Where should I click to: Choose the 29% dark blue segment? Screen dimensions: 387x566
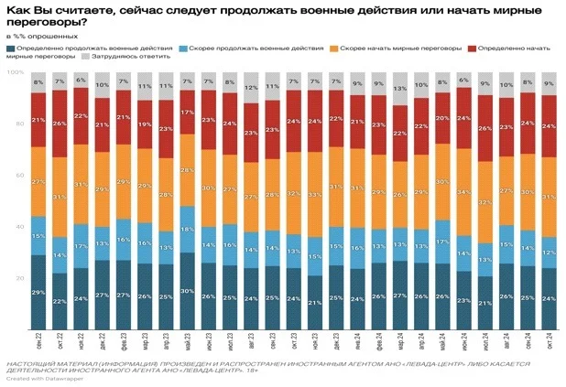point(38,292)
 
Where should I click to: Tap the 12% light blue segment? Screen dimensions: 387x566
point(549,253)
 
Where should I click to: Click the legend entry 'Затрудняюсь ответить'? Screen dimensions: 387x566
point(120,56)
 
